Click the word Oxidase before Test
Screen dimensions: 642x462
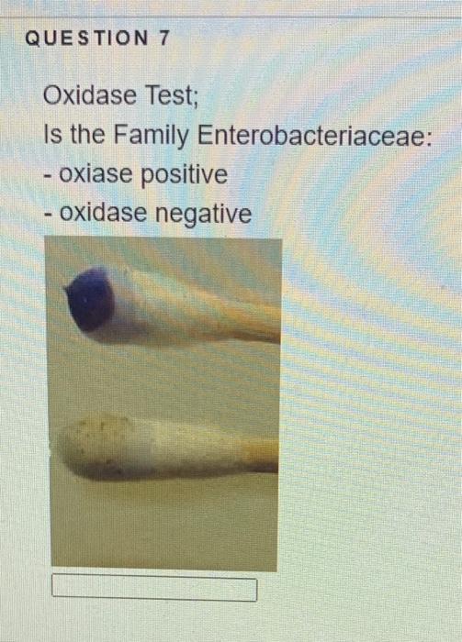click(92, 95)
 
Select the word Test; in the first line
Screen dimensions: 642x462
click(171, 95)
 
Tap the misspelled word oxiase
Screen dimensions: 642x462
click(96, 175)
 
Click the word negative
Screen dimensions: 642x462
click(204, 214)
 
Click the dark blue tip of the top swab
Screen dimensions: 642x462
click(90, 300)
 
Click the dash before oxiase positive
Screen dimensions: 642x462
click(47, 176)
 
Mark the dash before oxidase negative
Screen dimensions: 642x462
click(47, 215)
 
